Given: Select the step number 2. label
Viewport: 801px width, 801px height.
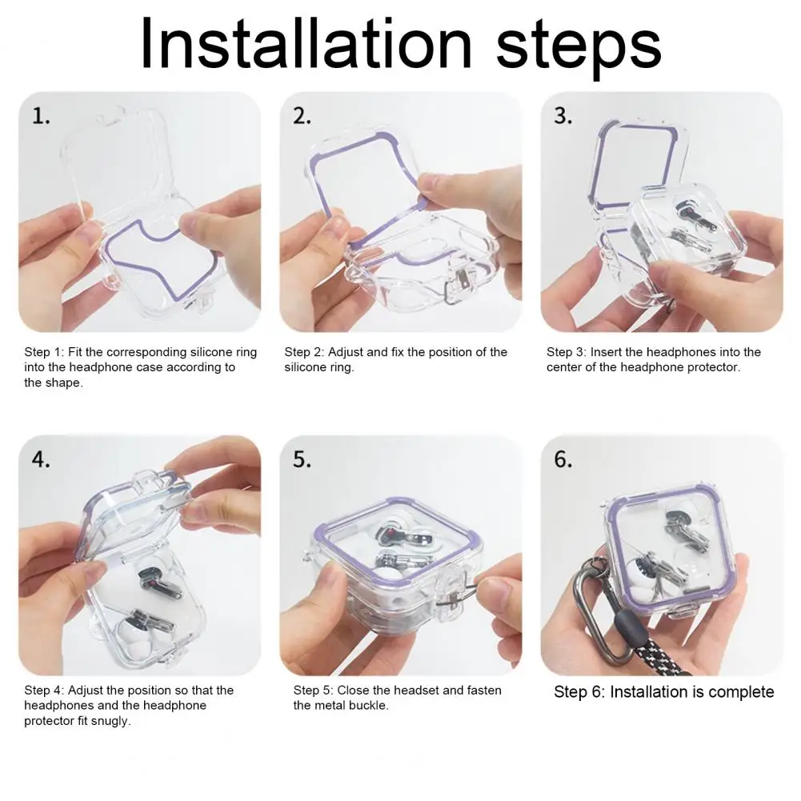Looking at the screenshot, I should [x=302, y=116].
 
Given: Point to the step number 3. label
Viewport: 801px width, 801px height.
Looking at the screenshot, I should [x=563, y=116].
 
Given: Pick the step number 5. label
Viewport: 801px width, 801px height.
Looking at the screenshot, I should [x=302, y=459].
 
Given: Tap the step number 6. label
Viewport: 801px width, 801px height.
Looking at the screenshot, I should [x=563, y=459].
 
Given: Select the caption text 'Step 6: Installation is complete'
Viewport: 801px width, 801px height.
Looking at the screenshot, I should [x=663, y=692].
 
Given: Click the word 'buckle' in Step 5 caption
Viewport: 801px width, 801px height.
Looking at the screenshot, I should [x=370, y=706].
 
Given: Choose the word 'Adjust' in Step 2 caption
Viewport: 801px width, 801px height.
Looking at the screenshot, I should [x=348, y=352].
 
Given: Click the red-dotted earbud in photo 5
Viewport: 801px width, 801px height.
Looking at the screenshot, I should [x=389, y=531].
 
